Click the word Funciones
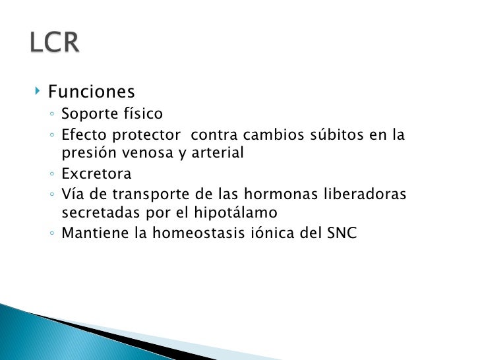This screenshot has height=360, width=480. tap(92, 91)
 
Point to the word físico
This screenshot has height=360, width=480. tap(142, 114)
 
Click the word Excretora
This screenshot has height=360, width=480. tap(96, 174)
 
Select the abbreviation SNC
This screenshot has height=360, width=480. tap(342, 233)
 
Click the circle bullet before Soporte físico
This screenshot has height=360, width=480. tap(51, 115)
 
